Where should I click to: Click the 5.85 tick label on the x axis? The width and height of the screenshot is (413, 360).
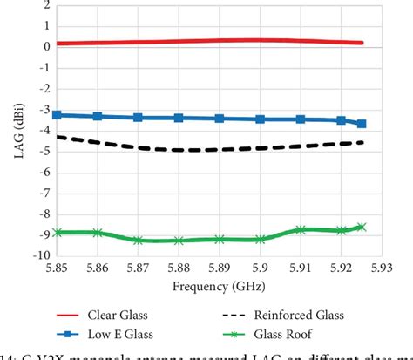tap(57, 268)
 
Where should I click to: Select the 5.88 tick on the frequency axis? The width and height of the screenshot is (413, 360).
tap(179, 268)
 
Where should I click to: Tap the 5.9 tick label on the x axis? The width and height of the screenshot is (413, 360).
tap(260, 268)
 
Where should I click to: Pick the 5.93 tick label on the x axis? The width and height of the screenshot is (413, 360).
tap(382, 268)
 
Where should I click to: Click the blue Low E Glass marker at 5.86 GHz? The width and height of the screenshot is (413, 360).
tap(98, 116)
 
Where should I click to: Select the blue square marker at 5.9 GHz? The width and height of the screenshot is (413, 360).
tap(260, 119)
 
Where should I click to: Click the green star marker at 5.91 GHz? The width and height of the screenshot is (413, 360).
tap(301, 230)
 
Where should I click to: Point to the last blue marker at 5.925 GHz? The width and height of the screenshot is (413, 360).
tap(362, 124)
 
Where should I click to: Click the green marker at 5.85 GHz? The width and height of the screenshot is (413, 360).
tap(57, 233)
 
